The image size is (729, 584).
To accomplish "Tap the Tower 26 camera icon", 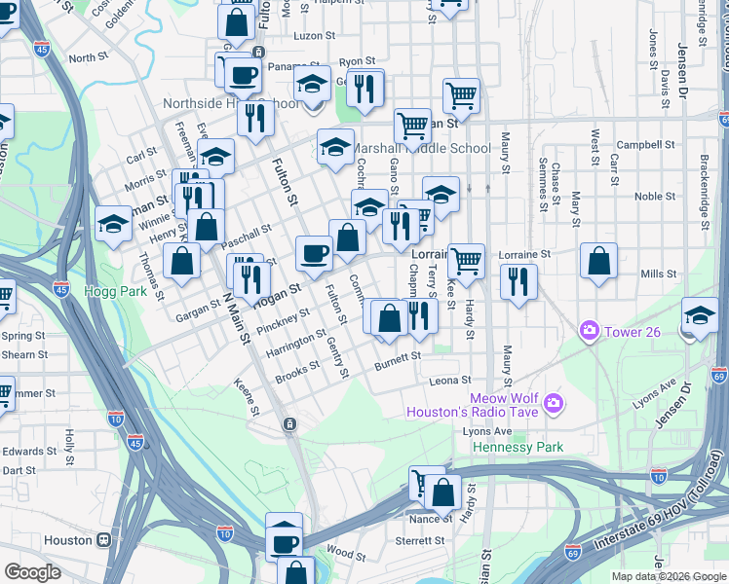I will tap(589, 332).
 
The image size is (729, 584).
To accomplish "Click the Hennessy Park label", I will tap(518, 447).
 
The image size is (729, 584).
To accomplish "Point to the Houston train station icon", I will tap(101, 539).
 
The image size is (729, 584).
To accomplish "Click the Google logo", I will tap(32, 572).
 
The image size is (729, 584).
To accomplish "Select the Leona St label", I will tap(450, 381).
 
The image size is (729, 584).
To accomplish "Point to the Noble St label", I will tap(648, 196).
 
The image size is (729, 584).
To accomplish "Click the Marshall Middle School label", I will tap(421, 149).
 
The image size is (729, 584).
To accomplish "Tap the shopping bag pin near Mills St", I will tap(598, 261).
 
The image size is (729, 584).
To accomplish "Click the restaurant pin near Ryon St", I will tap(365, 89).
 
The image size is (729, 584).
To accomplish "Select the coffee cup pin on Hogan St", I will tap(314, 254).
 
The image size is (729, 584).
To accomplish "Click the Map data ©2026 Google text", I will tap(669, 575).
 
